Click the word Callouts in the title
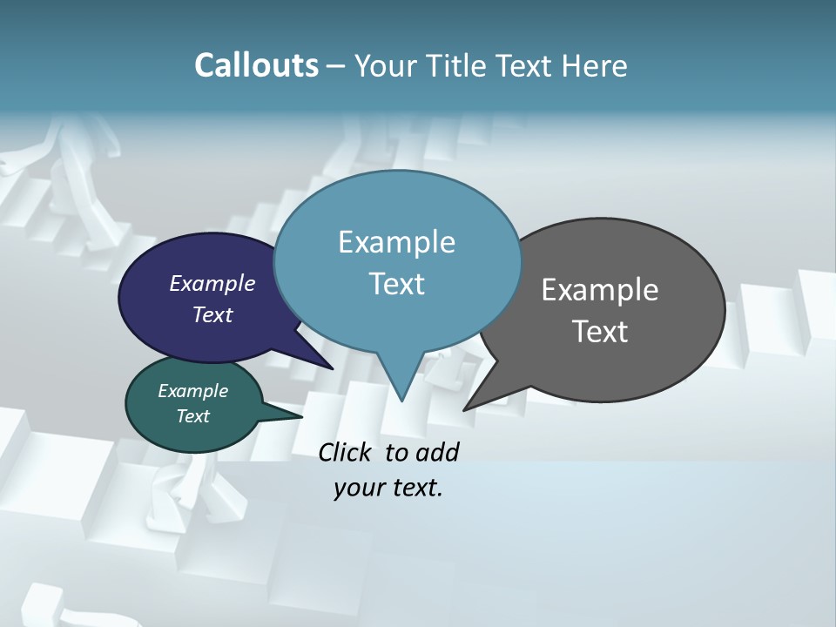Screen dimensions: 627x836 pos(256,65)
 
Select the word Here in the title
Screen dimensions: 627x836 pos(595,65)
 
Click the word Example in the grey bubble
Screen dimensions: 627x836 pos(599,290)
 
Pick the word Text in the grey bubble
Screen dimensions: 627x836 pos(599,332)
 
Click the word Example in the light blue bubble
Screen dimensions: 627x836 pos(396,242)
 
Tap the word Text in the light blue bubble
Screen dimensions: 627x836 pos(396,284)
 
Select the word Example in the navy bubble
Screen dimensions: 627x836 pos(212,283)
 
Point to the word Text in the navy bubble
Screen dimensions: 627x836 pos(212,314)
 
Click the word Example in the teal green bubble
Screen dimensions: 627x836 pos(192,391)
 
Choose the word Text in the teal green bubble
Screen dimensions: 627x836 pos(192,416)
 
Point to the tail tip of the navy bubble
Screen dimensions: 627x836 pos(329,367)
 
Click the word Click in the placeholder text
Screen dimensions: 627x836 pos(346,452)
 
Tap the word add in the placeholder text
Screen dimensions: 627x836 pos(437,452)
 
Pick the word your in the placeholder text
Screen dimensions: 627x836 pos(356,488)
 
